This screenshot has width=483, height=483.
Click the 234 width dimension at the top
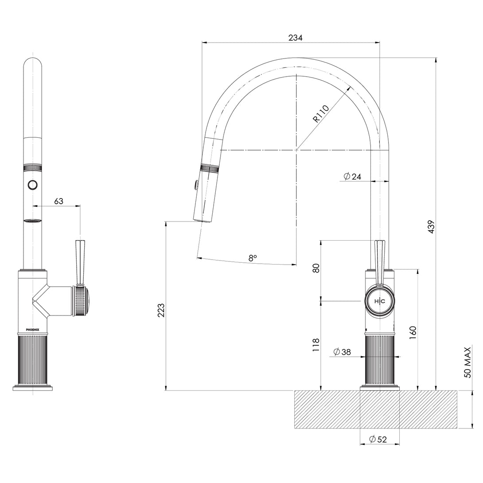coord(296,38)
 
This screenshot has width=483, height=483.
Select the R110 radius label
coord(320,113)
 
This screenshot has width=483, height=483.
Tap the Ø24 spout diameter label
coord(353,176)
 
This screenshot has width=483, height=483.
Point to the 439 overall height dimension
coord(432,226)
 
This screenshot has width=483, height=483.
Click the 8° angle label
coord(252,257)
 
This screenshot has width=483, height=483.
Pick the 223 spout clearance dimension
coord(161,310)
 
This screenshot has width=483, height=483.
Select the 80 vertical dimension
coord(316,268)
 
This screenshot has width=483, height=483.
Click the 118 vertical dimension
coord(316,345)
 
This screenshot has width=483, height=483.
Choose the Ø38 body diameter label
coord(342,352)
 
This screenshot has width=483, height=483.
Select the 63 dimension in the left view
coord(58,201)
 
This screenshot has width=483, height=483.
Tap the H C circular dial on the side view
coord(379,301)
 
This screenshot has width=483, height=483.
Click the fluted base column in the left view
coord(33,359)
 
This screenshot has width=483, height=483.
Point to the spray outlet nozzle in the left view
coord(33,221)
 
